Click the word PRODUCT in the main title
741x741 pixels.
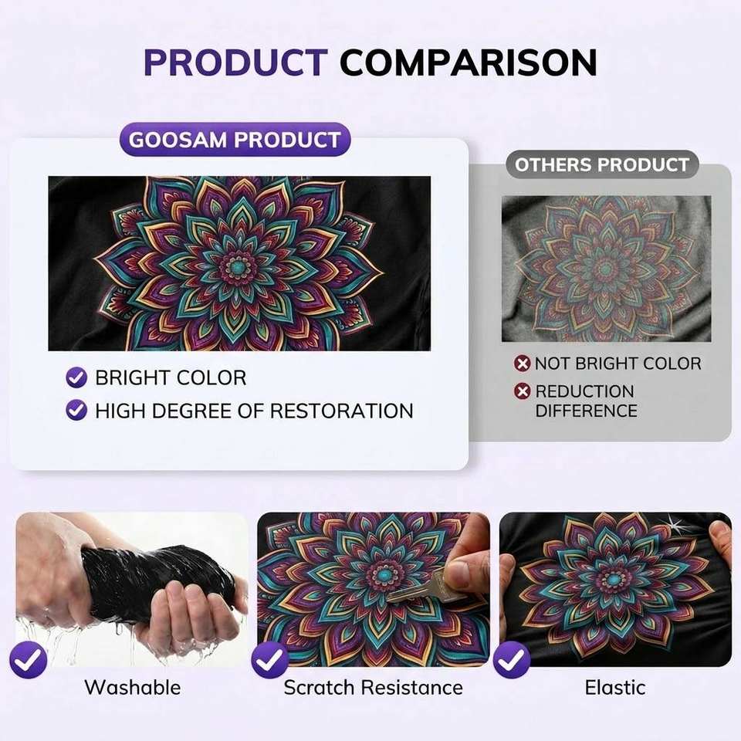[235, 62]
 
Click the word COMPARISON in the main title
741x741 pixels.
[469, 62]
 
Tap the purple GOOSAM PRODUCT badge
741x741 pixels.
[235, 140]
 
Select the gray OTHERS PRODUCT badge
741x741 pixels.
[601, 164]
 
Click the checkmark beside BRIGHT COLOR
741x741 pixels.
[76, 377]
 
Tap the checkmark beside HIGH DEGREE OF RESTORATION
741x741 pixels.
[76, 410]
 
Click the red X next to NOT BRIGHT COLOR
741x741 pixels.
[523, 364]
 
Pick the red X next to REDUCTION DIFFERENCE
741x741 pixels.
[523, 391]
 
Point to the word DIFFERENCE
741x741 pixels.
[586, 411]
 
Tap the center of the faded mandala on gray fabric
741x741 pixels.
[605, 269]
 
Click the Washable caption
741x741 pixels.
[132, 687]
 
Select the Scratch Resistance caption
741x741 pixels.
[374, 687]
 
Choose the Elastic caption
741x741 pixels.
[615, 687]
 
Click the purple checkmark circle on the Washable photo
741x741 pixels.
[29, 660]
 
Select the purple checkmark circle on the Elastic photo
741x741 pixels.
[512, 660]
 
